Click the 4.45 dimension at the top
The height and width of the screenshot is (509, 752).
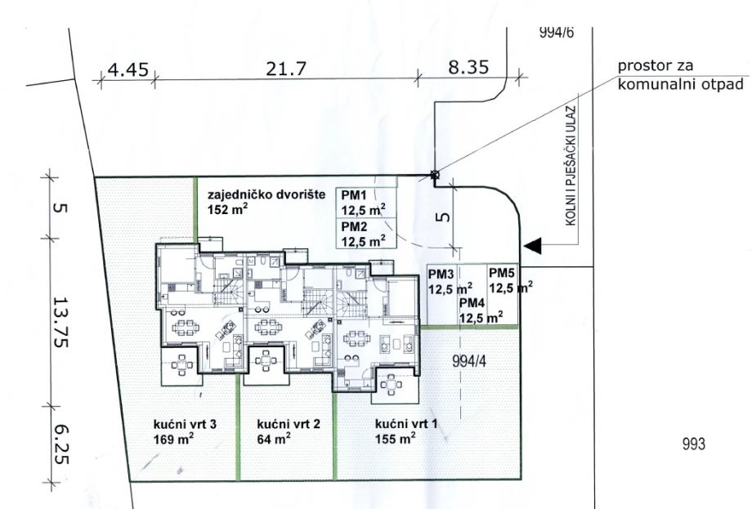coord(128,70)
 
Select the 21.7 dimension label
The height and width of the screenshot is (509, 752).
coord(286,69)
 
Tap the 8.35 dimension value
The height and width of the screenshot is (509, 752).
coord(468,67)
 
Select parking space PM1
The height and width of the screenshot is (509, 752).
coord(366,203)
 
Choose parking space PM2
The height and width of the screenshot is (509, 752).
coord(366,234)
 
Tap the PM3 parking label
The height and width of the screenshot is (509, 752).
coord(441,275)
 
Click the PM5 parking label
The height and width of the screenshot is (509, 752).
coord(502,273)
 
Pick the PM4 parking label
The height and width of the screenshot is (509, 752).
coord(472,303)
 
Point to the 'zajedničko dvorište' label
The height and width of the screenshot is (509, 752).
coord(266,194)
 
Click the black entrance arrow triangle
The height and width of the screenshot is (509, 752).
coord(532,245)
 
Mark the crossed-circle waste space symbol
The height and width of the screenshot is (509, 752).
coord(435,176)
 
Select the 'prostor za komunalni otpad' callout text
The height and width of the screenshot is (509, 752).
coord(681,75)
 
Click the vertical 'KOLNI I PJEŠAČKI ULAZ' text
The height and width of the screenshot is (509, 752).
coord(571,166)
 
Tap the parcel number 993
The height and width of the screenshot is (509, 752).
coord(694,444)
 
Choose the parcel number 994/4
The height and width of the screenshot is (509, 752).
coord(469,361)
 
